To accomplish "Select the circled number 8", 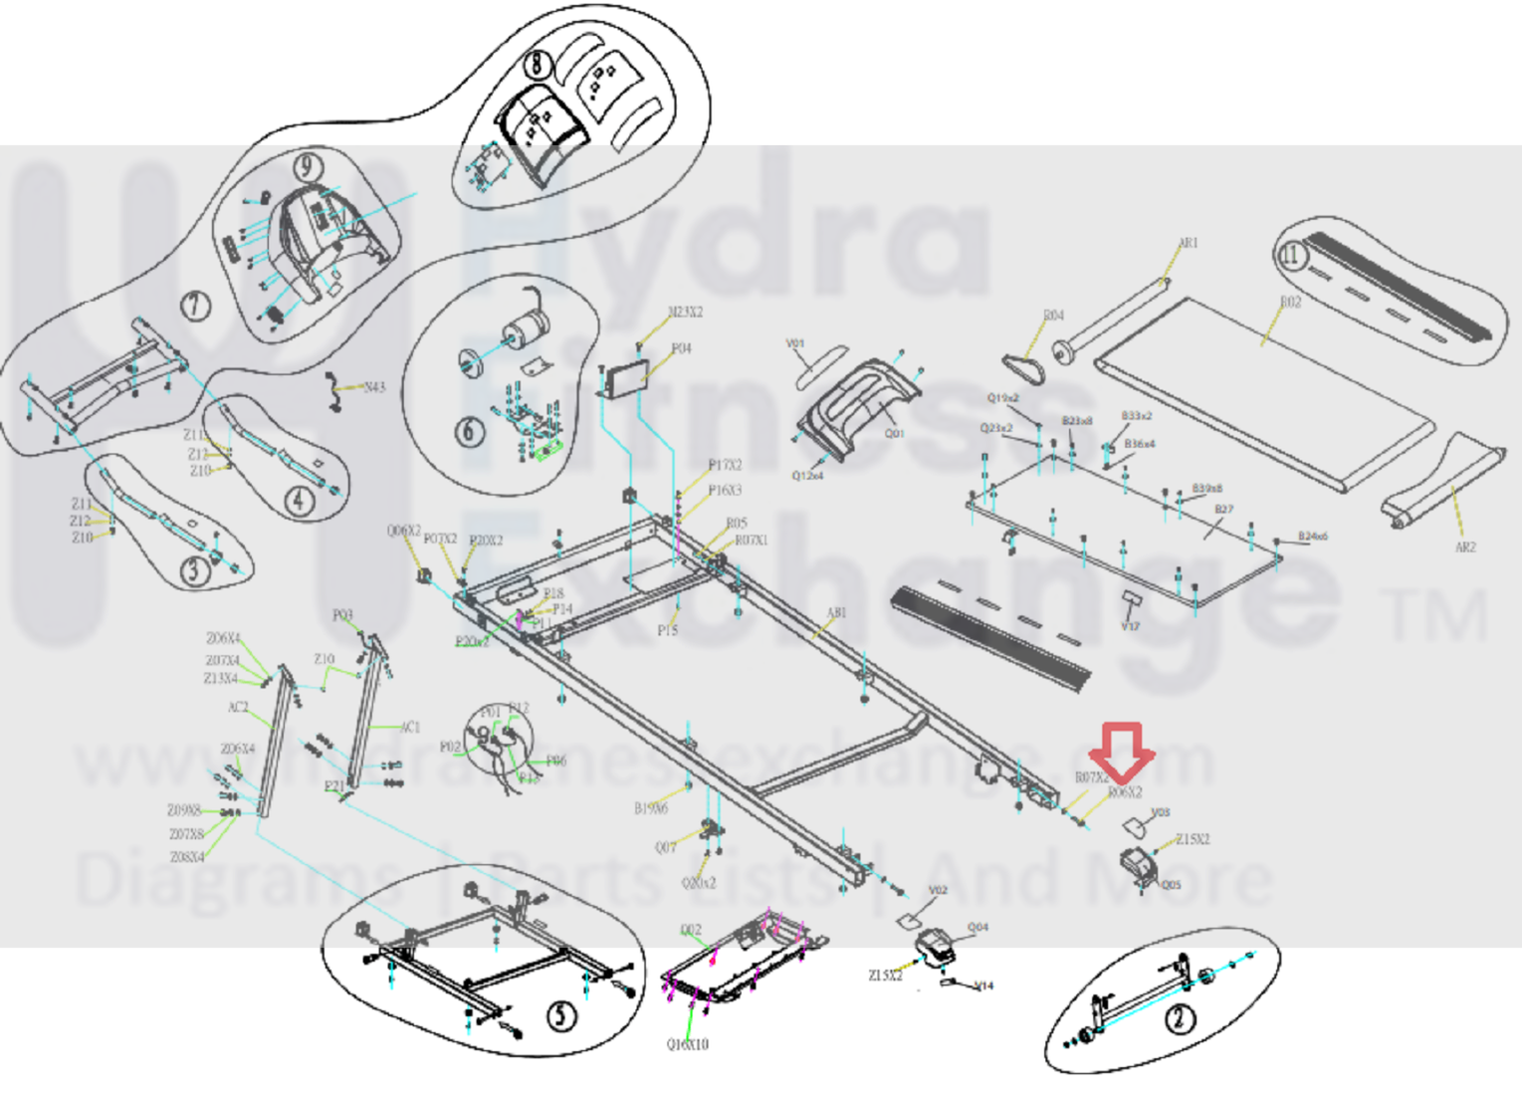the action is coord(538,64).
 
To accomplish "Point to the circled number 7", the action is coord(196,305).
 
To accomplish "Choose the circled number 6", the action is coord(470,431).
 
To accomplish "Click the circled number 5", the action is coord(562,1015).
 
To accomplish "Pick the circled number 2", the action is coord(1180,1018).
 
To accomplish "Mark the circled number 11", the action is coord(1290,255).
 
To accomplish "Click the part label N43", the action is coord(374,387).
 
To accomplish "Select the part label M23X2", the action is coord(685,313).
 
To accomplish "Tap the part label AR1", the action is coord(1189,243).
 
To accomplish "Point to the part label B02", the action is coord(1290,302).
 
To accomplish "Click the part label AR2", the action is coord(1465,547).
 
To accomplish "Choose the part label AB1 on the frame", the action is coord(836,613).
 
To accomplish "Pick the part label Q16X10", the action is coord(688,1044).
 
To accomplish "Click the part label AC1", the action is coord(409,728).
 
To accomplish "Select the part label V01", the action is coord(795,343).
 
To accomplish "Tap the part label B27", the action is coord(1223,510).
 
